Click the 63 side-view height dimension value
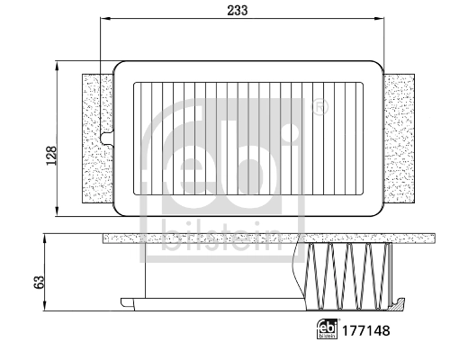(39, 280)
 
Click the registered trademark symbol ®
(317, 109)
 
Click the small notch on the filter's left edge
(108, 138)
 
